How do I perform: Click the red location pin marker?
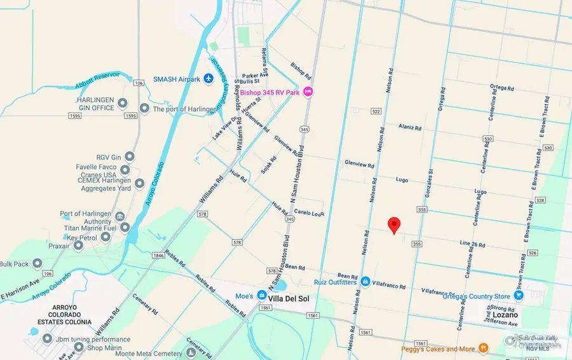(394, 225)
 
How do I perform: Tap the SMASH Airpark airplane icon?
(208, 78)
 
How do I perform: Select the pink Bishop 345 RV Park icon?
(308, 92)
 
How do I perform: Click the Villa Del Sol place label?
(288, 296)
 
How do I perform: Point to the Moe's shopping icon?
(262, 296)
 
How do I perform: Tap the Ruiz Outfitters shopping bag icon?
(365, 280)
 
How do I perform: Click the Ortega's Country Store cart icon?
(519, 296)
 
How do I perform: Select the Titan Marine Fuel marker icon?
(125, 227)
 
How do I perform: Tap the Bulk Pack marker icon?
(37, 263)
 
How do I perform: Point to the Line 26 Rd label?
(472, 244)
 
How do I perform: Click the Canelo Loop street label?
(310, 212)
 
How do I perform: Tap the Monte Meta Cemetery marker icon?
(191, 353)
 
